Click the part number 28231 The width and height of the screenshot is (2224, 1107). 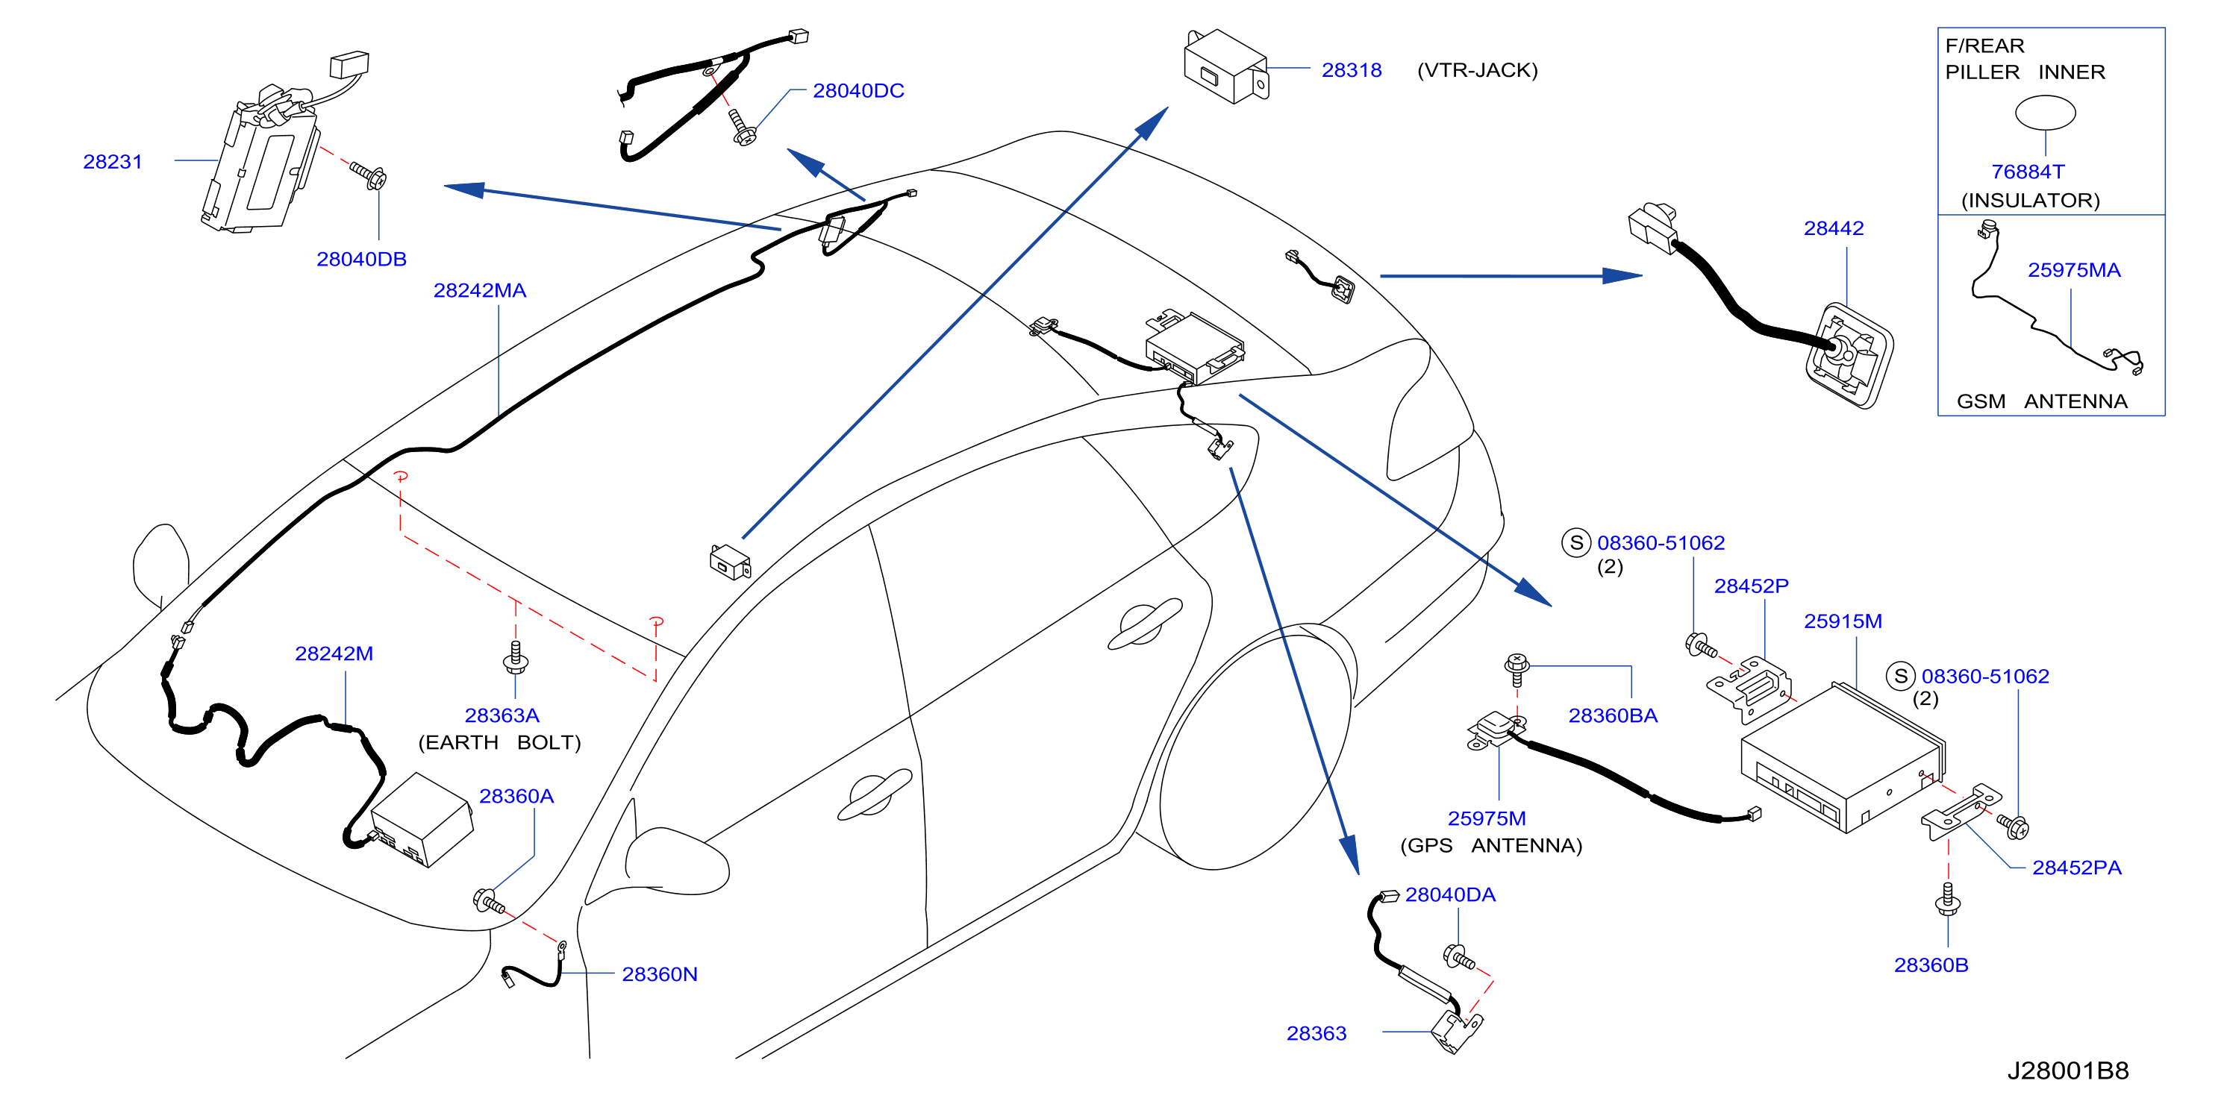(112, 161)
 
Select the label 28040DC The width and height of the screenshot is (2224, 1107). (858, 90)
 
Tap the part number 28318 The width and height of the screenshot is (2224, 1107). (1351, 70)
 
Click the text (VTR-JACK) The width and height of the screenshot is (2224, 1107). (1477, 70)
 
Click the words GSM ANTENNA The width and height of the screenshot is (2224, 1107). (2041, 401)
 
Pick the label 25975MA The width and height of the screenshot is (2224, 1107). (2074, 270)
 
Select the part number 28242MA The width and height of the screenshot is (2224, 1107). (479, 290)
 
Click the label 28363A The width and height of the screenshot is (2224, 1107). (502, 715)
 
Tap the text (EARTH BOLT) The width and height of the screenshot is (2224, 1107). (499, 743)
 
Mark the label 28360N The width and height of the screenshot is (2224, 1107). (660, 974)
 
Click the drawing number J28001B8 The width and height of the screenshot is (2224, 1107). (2068, 1070)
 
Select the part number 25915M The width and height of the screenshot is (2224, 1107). (1843, 621)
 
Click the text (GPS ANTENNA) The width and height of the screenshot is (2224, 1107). (1491, 846)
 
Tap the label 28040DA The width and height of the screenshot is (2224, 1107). (1449, 894)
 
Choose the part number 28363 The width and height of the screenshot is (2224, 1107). (1316, 1033)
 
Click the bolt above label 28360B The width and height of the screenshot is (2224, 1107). (1947, 899)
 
